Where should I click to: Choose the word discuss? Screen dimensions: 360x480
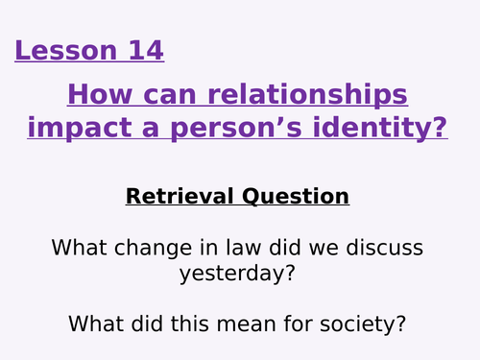[384, 248]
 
